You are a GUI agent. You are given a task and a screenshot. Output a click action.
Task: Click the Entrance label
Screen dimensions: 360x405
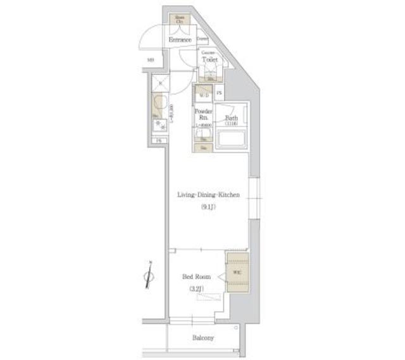[180, 40]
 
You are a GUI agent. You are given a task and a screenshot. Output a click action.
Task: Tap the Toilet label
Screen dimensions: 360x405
[209, 59]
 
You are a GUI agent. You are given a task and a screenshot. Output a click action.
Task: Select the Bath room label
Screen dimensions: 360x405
[232, 118]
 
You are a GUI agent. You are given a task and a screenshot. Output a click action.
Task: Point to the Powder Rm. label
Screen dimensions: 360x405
[203, 114]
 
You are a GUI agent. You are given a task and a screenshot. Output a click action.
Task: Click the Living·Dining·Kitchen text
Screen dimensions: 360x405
[208, 196]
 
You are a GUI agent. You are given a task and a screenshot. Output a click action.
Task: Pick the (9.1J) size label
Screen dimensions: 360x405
[208, 206]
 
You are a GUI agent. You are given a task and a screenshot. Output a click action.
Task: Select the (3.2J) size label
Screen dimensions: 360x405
[196, 289]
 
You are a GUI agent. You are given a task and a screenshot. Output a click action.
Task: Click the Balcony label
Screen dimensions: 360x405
[202, 338]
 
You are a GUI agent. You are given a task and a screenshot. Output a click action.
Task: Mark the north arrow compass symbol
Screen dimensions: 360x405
[149, 275]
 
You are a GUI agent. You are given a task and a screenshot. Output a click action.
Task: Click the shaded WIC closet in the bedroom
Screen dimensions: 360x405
[237, 272]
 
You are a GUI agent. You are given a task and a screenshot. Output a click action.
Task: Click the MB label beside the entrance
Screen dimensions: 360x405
[151, 60]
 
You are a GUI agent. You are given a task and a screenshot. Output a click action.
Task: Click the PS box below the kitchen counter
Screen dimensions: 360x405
[159, 140]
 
